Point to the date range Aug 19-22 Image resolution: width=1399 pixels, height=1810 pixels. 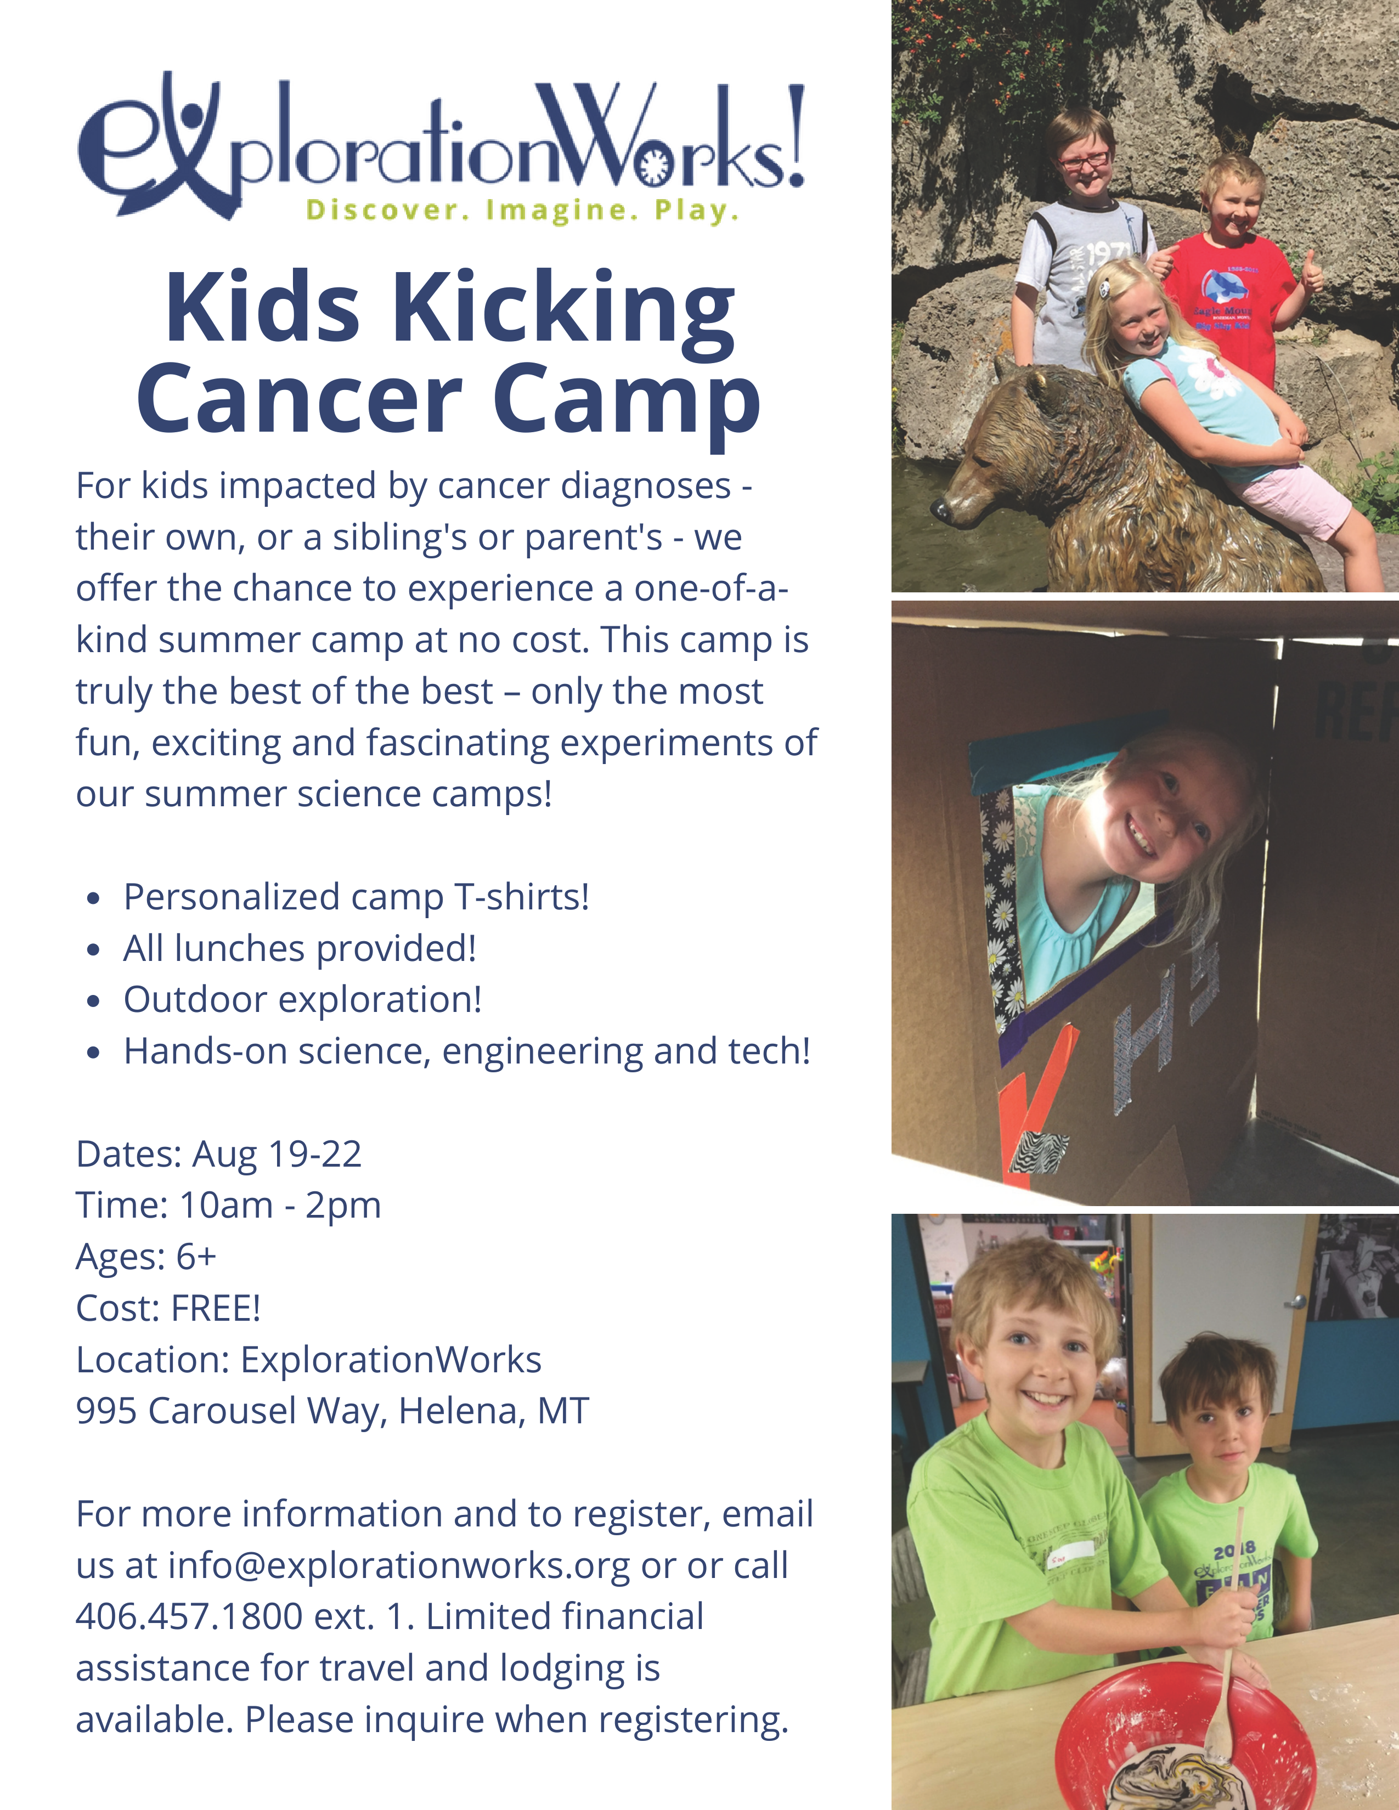(277, 1155)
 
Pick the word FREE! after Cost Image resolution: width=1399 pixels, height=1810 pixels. (216, 1309)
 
